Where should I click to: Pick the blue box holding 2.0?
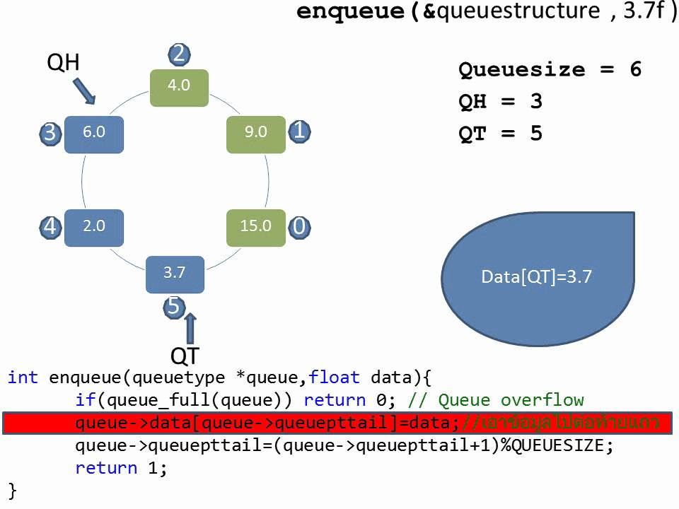click(93, 228)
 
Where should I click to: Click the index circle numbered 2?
click(179, 54)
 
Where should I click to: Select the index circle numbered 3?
click(50, 134)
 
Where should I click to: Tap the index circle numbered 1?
click(299, 131)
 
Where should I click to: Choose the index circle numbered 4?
click(50, 227)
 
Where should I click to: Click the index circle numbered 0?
click(299, 227)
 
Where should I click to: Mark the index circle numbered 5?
click(174, 307)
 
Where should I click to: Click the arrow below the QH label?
click(85, 91)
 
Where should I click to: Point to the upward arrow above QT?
click(190, 329)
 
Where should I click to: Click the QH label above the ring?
click(63, 63)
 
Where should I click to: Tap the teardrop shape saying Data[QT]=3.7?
click(538, 277)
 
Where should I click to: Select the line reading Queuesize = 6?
click(550, 70)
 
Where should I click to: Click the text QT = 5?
click(500, 134)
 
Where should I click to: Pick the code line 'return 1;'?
click(121, 468)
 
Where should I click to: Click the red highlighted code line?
click(336, 423)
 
